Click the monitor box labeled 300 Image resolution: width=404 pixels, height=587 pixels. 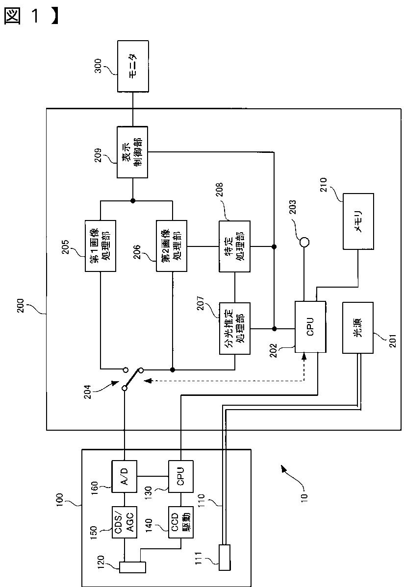[x=133, y=66]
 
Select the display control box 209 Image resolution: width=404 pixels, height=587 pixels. [x=132, y=152]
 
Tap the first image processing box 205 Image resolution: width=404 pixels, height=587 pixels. [x=100, y=246]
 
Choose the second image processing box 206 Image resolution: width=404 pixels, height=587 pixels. [x=172, y=246]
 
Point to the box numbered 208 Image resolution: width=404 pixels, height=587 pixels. [x=235, y=246]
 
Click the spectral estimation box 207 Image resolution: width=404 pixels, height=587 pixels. [x=235, y=328]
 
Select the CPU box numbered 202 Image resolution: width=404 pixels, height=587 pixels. [x=310, y=326]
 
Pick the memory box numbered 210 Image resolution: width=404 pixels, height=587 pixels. [x=358, y=221]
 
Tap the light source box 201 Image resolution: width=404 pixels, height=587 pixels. [x=358, y=327]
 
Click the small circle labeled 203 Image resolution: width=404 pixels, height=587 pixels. [x=304, y=242]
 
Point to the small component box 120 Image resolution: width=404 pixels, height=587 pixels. [x=132, y=567]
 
